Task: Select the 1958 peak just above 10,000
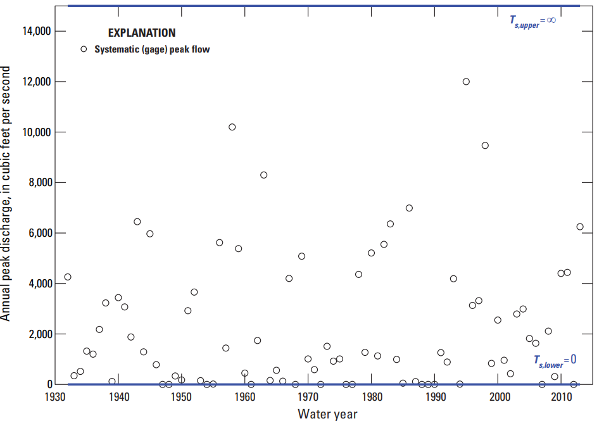click(232, 127)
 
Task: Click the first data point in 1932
click(68, 277)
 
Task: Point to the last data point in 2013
click(580, 227)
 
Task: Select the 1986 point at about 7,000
click(409, 208)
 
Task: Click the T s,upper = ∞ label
click(532, 21)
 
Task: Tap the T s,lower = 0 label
click(554, 360)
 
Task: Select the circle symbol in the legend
click(83, 49)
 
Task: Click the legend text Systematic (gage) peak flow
click(152, 49)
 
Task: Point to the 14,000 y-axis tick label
click(35, 32)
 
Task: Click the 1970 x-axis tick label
click(308, 397)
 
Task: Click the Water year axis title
click(327, 414)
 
